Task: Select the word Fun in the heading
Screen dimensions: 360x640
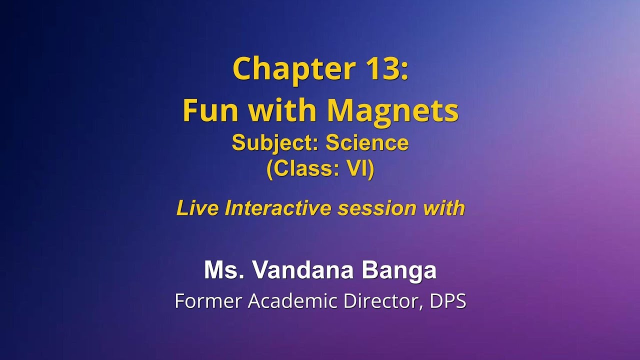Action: pos(210,110)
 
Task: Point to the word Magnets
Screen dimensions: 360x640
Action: pos(390,110)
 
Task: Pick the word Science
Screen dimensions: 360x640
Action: pos(367,143)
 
